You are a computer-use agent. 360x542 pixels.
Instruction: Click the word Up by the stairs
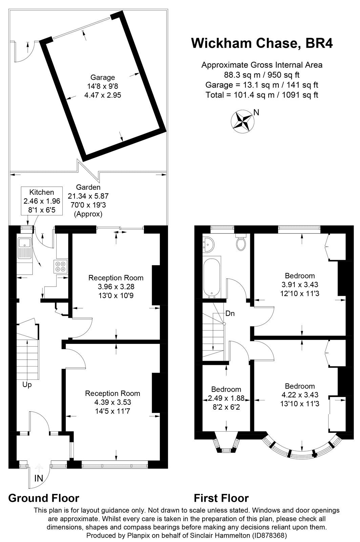(27, 384)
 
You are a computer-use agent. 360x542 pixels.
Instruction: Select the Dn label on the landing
(230, 313)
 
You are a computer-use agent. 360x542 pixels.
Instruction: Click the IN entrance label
(39, 478)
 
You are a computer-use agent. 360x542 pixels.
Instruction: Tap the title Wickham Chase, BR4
(262, 44)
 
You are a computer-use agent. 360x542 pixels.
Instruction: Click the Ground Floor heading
(44, 498)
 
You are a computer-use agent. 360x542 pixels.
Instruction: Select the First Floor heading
(221, 498)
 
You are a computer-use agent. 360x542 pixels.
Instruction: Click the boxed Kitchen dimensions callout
(42, 201)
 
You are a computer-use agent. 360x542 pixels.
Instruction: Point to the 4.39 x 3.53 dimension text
(112, 402)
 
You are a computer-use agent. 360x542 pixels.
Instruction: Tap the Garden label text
(88, 187)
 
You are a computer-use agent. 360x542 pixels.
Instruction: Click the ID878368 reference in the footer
(269, 536)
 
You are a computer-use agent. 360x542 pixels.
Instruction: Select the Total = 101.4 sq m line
(262, 95)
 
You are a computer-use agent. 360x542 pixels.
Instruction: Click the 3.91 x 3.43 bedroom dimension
(300, 285)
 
